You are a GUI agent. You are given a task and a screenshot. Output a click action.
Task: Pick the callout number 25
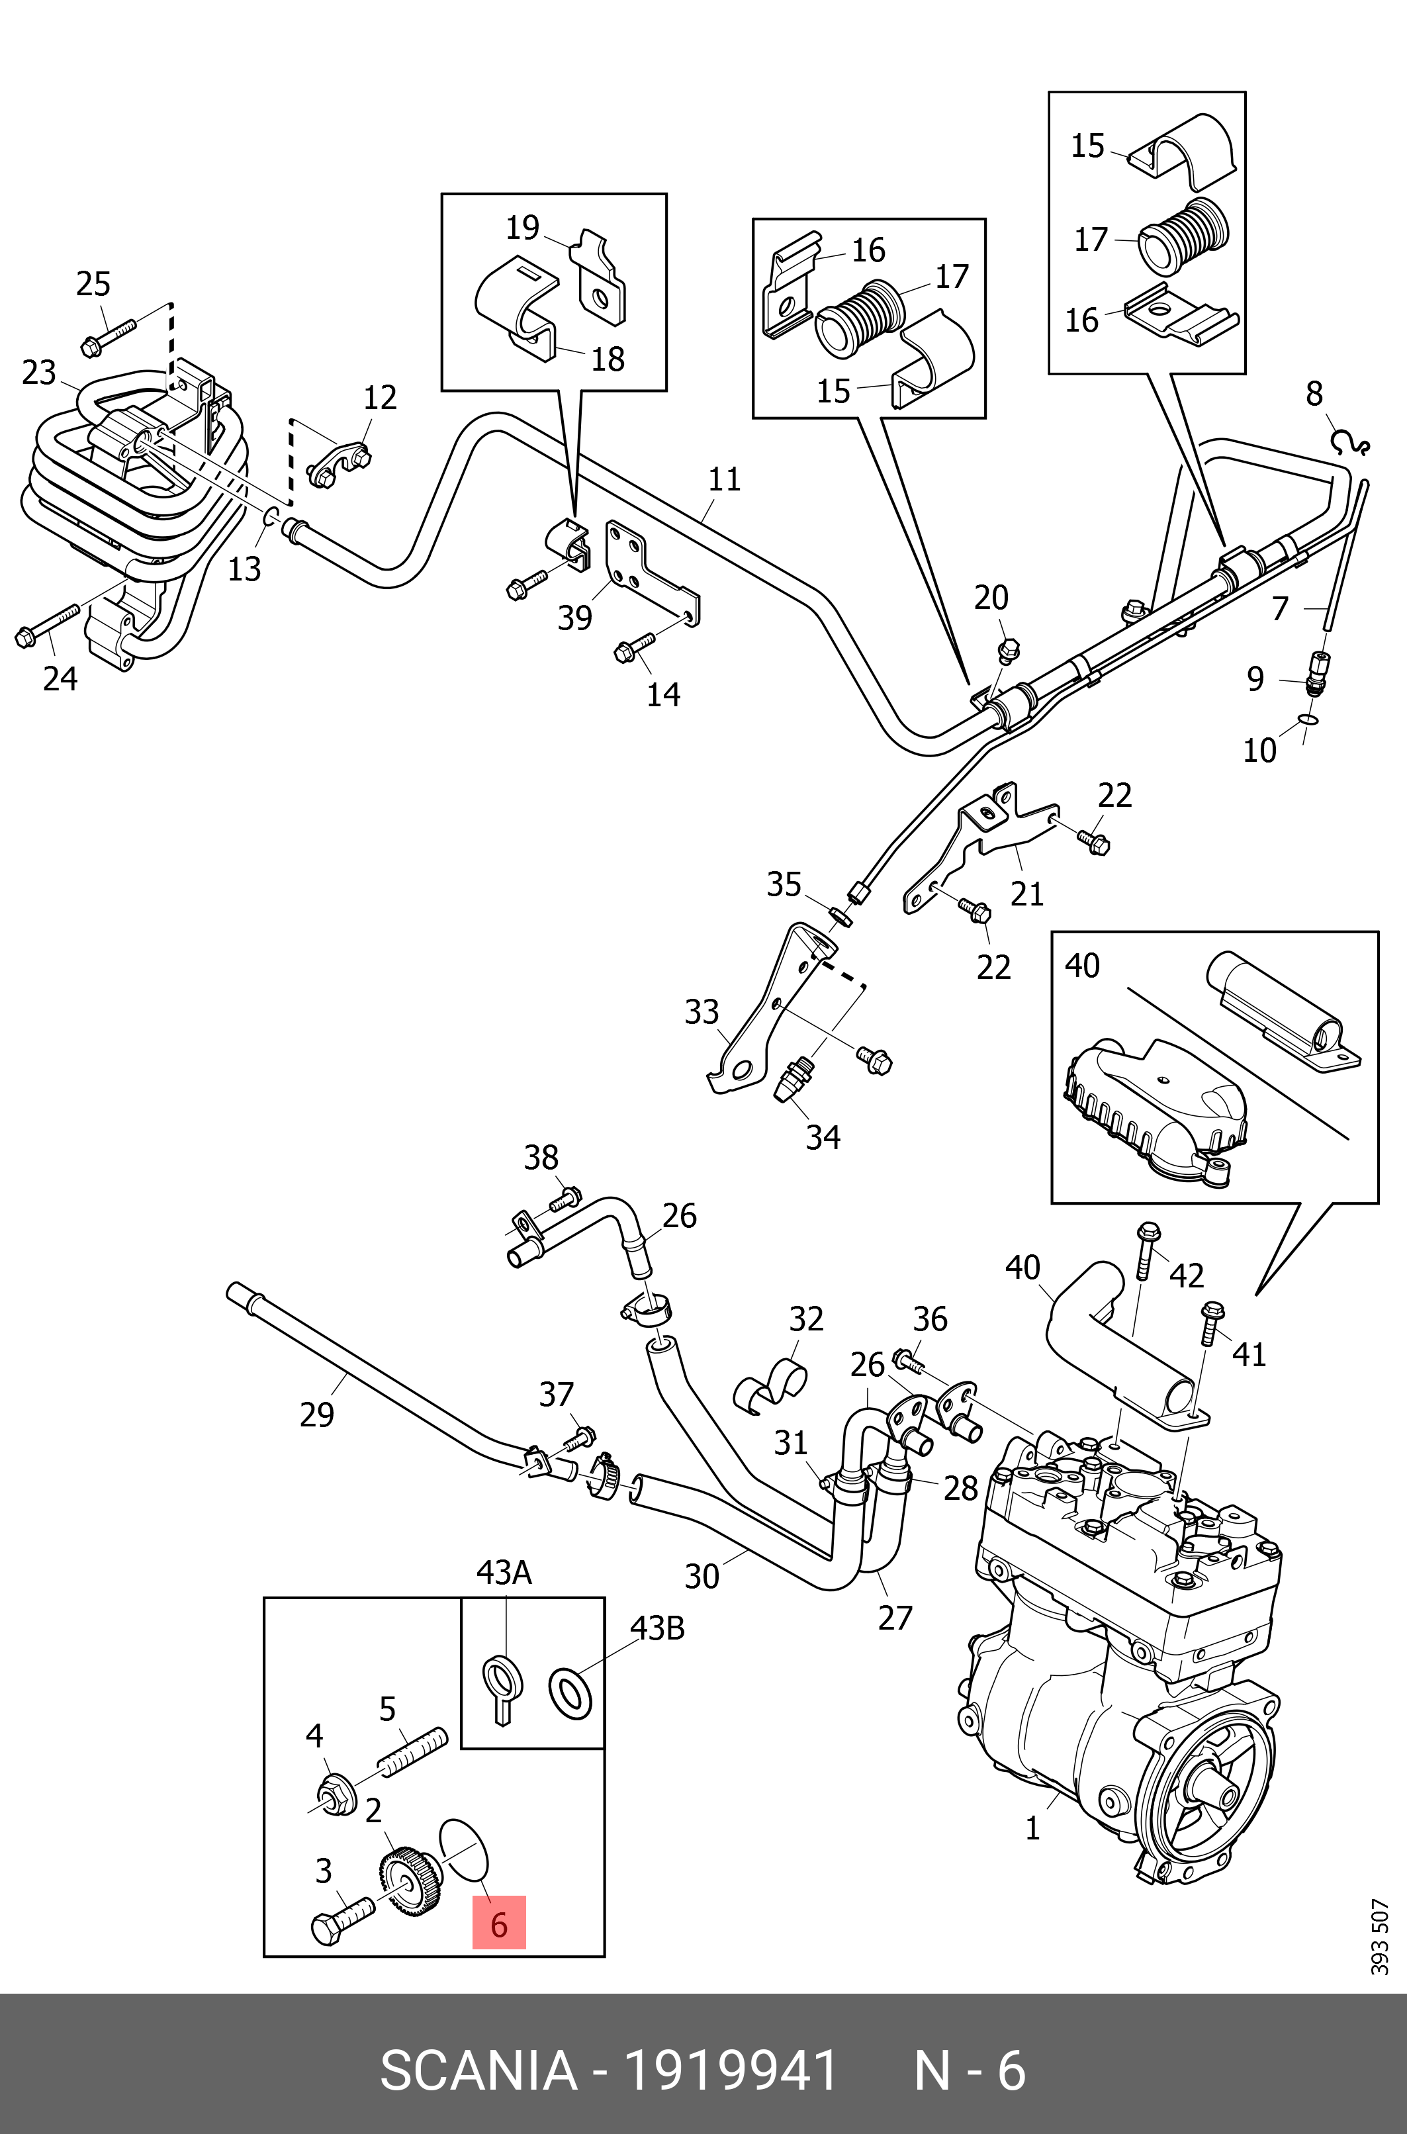(x=93, y=285)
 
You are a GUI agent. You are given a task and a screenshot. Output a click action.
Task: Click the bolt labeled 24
(x=50, y=626)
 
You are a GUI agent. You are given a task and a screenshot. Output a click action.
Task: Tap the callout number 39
(x=574, y=618)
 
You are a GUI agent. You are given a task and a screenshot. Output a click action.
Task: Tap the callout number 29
(x=317, y=1415)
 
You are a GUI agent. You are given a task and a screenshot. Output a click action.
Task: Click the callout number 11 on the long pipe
(x=725, y=479)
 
